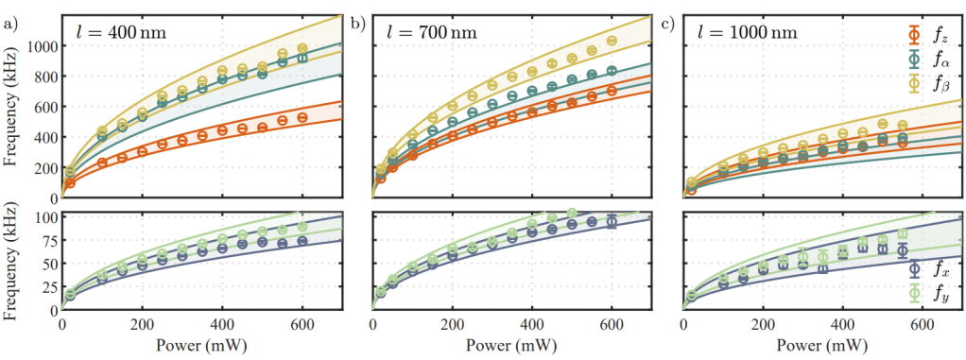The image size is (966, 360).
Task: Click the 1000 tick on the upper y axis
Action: (42, 46)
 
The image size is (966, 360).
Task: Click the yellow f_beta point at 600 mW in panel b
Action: (612, 41)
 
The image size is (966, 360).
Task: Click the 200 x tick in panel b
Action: (452, 324)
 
